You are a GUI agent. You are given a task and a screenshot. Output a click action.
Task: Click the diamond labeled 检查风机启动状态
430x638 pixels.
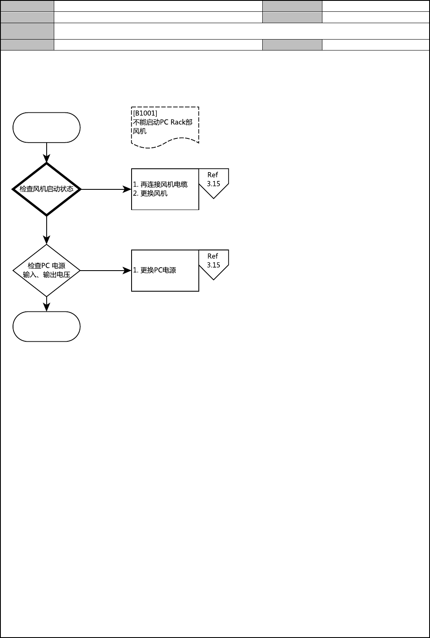(x=47, y=189)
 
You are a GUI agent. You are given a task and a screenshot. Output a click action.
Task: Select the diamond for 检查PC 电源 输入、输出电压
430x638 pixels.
(x=47, y=271)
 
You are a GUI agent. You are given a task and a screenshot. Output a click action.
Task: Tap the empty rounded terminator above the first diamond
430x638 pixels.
(x=47, y=128)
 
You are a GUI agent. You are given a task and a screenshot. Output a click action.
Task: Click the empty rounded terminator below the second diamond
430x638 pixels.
(x=47, y=327)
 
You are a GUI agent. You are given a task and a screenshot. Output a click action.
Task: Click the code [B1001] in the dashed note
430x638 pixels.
(x=145, y=113)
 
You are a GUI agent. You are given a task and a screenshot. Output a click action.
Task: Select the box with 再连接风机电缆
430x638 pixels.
(x=165, y=189)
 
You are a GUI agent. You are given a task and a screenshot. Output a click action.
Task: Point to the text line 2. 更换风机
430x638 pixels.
(x=150, y=194)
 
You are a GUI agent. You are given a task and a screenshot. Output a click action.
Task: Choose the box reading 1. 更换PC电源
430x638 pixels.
(x=165, y=271)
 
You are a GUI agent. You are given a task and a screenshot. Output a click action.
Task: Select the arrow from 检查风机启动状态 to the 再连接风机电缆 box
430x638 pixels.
(x=106, y=189)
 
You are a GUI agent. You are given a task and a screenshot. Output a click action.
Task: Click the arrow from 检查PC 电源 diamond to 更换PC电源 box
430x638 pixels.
(x=106, y=271)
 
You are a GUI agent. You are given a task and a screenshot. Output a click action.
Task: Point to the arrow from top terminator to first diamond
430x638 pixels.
(x=47, y=152)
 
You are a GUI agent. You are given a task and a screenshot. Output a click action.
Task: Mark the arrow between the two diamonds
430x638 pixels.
(x=47, y=230)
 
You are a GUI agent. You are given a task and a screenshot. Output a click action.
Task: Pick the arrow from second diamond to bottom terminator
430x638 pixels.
(x=47, y=304)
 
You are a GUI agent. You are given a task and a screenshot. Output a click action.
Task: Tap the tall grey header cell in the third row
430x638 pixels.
(x=27, y=31)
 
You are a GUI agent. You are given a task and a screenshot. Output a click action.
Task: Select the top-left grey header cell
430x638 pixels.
(x=27, y=6)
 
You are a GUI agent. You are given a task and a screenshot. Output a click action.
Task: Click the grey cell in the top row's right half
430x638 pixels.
(x=292, y=6)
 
